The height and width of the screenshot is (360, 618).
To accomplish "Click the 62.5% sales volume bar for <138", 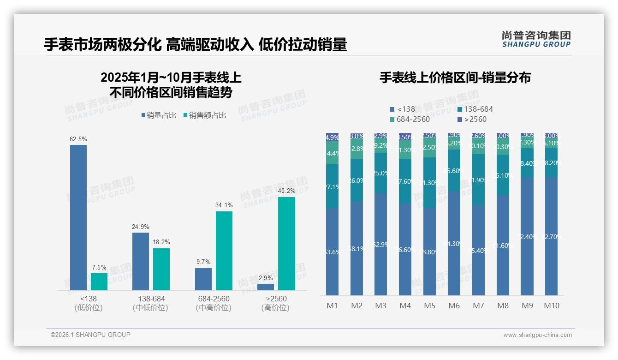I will click(78, 217).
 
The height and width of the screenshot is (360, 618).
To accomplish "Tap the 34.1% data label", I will click(224, 205).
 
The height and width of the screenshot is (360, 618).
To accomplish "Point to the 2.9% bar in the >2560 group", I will click(266, 287).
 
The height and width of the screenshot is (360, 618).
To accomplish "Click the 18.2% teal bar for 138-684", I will click(161, 269).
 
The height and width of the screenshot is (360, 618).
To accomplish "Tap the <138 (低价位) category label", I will click(88, 303).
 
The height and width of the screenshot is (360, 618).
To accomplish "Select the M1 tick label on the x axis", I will click(332, 306).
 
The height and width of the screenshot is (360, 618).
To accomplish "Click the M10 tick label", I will click(551, 306).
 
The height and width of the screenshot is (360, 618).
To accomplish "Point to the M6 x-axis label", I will click(454, 306).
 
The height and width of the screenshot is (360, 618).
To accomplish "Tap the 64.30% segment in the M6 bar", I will click(454, 243).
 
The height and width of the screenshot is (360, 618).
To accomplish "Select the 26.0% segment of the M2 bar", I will click(357, 180).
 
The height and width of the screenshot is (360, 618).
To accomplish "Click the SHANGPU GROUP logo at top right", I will click(536, 39).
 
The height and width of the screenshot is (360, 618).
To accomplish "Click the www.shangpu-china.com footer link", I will click(537, 335).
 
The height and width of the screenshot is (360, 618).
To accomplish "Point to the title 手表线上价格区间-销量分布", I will click(455, 78).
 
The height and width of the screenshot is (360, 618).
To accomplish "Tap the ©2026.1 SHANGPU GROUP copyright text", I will click(90, 335).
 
